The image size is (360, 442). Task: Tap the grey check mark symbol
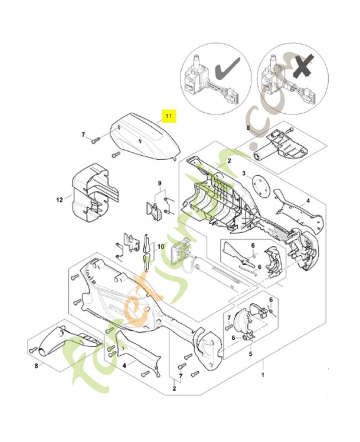tap(225, 71)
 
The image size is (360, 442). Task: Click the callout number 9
tap(160, 183)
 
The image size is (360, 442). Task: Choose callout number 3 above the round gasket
tap(243, 173)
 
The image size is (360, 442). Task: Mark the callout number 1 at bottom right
tap(263, 375)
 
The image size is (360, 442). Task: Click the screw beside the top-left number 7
tap(96, 139)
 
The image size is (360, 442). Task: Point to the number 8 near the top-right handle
tap(247, 128)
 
